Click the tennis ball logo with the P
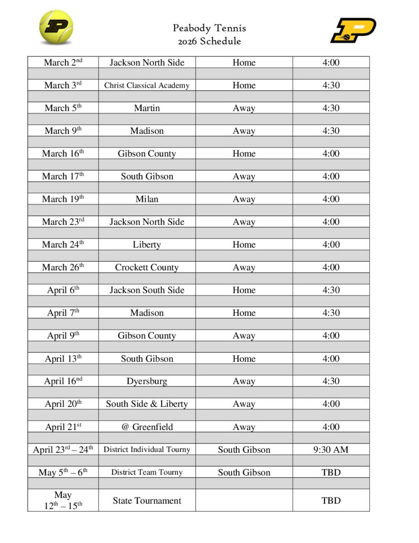[56, 28]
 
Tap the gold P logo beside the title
[353, 30]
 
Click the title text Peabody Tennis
[209, 28]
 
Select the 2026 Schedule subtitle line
[209, 41]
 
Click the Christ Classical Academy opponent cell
[147, 85]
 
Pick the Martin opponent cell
[147, 108]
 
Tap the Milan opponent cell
[147, 199]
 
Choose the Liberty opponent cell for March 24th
[147, 245]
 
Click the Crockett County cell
[147, 267]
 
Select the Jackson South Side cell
[147, 290]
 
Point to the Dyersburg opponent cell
[147, 381]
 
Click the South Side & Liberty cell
[147, 404]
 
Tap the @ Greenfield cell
[147, 427]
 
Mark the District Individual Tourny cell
[147, 449]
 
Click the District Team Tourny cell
[147, 472]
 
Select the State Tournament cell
[147, 500]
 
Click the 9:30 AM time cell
[331, 449]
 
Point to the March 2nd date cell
[63, 62]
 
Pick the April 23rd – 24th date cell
[63, 449]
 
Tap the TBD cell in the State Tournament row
[331, 500]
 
